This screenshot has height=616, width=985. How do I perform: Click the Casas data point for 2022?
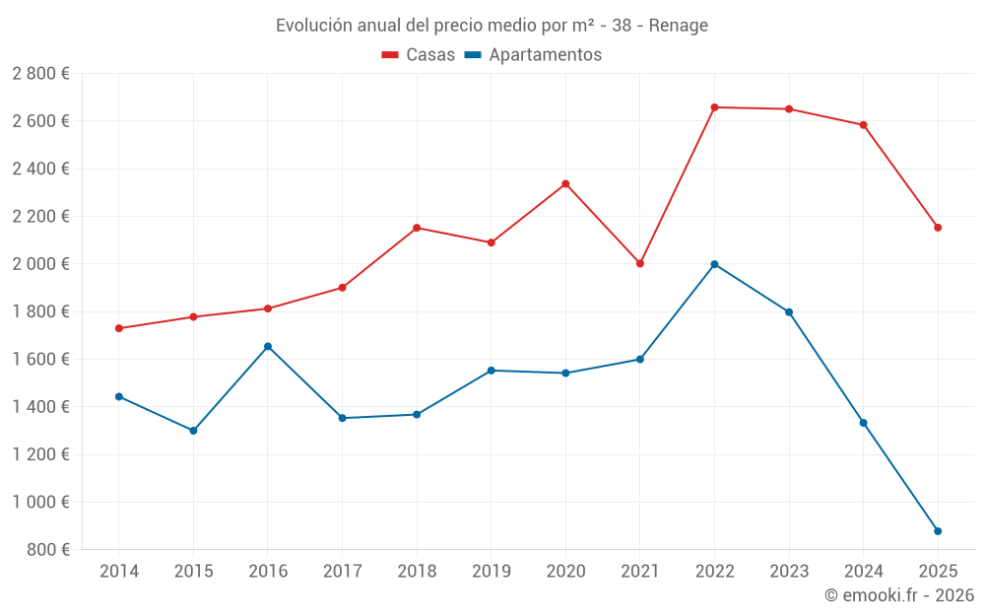(x=714, y=107)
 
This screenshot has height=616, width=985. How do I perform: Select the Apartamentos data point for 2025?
(x=938, y=531)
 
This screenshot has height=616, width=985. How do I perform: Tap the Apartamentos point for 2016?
(x=268, y=347)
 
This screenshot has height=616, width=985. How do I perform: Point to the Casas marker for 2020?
(x=565, y=183)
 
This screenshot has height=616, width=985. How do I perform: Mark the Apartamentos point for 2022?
(x=714, y=264)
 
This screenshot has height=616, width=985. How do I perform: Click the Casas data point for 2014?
(x=119, y=328)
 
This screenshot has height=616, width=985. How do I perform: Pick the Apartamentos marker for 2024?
(x=864, y=423)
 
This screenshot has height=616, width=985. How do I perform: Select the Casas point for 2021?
(x=640, y=263)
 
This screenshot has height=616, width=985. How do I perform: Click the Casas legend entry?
(x=419, y=55)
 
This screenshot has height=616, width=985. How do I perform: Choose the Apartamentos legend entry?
(x=532, y=55)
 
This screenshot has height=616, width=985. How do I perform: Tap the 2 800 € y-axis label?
(x=40, y=74)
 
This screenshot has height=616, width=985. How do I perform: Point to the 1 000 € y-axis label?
(x=40, y=502)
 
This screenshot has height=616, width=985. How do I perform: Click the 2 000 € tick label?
(x=40, y=264)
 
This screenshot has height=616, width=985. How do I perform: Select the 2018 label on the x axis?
(x=417, y=572)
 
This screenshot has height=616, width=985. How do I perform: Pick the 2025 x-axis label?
(x=938, y=572)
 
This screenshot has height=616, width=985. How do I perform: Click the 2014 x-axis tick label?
(x=119, y=572)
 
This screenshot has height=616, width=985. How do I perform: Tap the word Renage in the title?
(x=678, y=26)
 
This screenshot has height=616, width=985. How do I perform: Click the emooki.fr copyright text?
(x=899, y=595)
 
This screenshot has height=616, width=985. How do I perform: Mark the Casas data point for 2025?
(x=938, y=228)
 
